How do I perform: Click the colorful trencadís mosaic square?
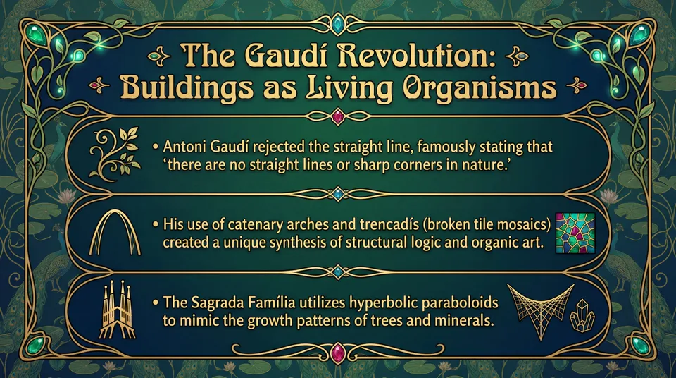[575, 233]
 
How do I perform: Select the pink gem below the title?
[338, 116]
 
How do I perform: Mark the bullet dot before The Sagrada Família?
[155, 302]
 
